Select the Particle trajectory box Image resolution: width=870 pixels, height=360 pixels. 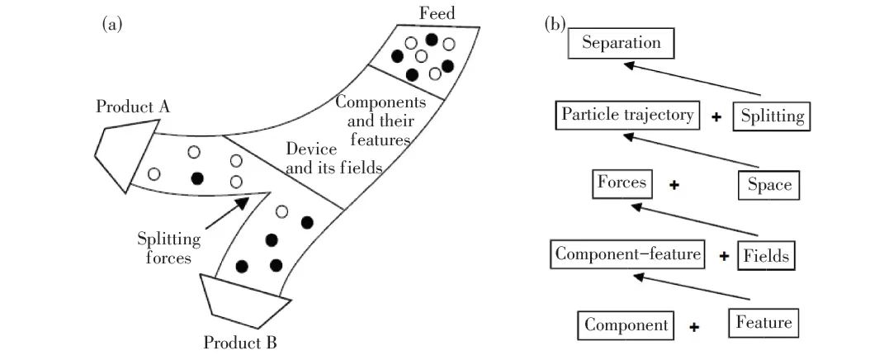coord(627,115)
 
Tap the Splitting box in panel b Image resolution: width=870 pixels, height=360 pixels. coord(771,116)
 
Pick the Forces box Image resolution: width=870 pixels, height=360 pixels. coord(623,183)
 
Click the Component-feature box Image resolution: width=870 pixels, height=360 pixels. coord(627,254)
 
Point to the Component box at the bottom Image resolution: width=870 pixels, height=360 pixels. coord(626,324)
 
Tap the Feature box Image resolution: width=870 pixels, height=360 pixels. coord(764,322)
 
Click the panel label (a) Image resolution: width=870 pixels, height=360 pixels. coord(112,24)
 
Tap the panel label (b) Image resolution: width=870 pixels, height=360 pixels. coord(555,24)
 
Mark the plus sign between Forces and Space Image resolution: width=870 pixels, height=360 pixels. coord(674,186)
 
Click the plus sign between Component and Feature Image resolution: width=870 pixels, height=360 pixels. coord(695,327)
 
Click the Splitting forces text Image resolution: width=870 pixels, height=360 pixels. coord(168,247)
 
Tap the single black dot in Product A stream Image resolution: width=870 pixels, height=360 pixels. coord(197,178)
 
